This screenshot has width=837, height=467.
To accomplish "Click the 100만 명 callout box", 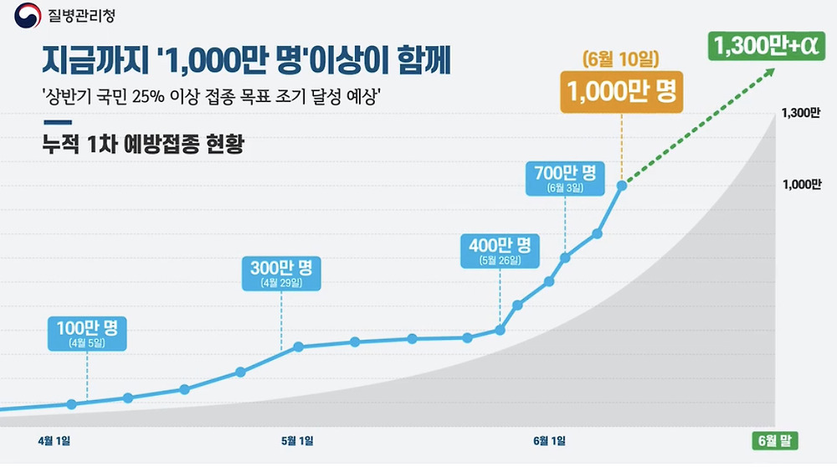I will click(87, 332).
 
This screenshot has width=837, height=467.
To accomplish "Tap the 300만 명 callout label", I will click(281, 273).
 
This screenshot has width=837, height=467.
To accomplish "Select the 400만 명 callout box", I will click(500, 250).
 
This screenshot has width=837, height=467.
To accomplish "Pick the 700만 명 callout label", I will click(565, 178).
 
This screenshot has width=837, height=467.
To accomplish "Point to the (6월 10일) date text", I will click(621, 59).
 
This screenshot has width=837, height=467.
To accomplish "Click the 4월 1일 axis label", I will click(54, 440).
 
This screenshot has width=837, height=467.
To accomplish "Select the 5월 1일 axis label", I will click(297, 440).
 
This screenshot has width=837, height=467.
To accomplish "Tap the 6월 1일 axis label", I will click(549, 440).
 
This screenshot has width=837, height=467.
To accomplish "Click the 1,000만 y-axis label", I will click(799, 185).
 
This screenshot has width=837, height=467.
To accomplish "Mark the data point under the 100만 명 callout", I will click(71, 404).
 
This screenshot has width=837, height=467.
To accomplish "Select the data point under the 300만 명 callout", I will click(298, 346).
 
